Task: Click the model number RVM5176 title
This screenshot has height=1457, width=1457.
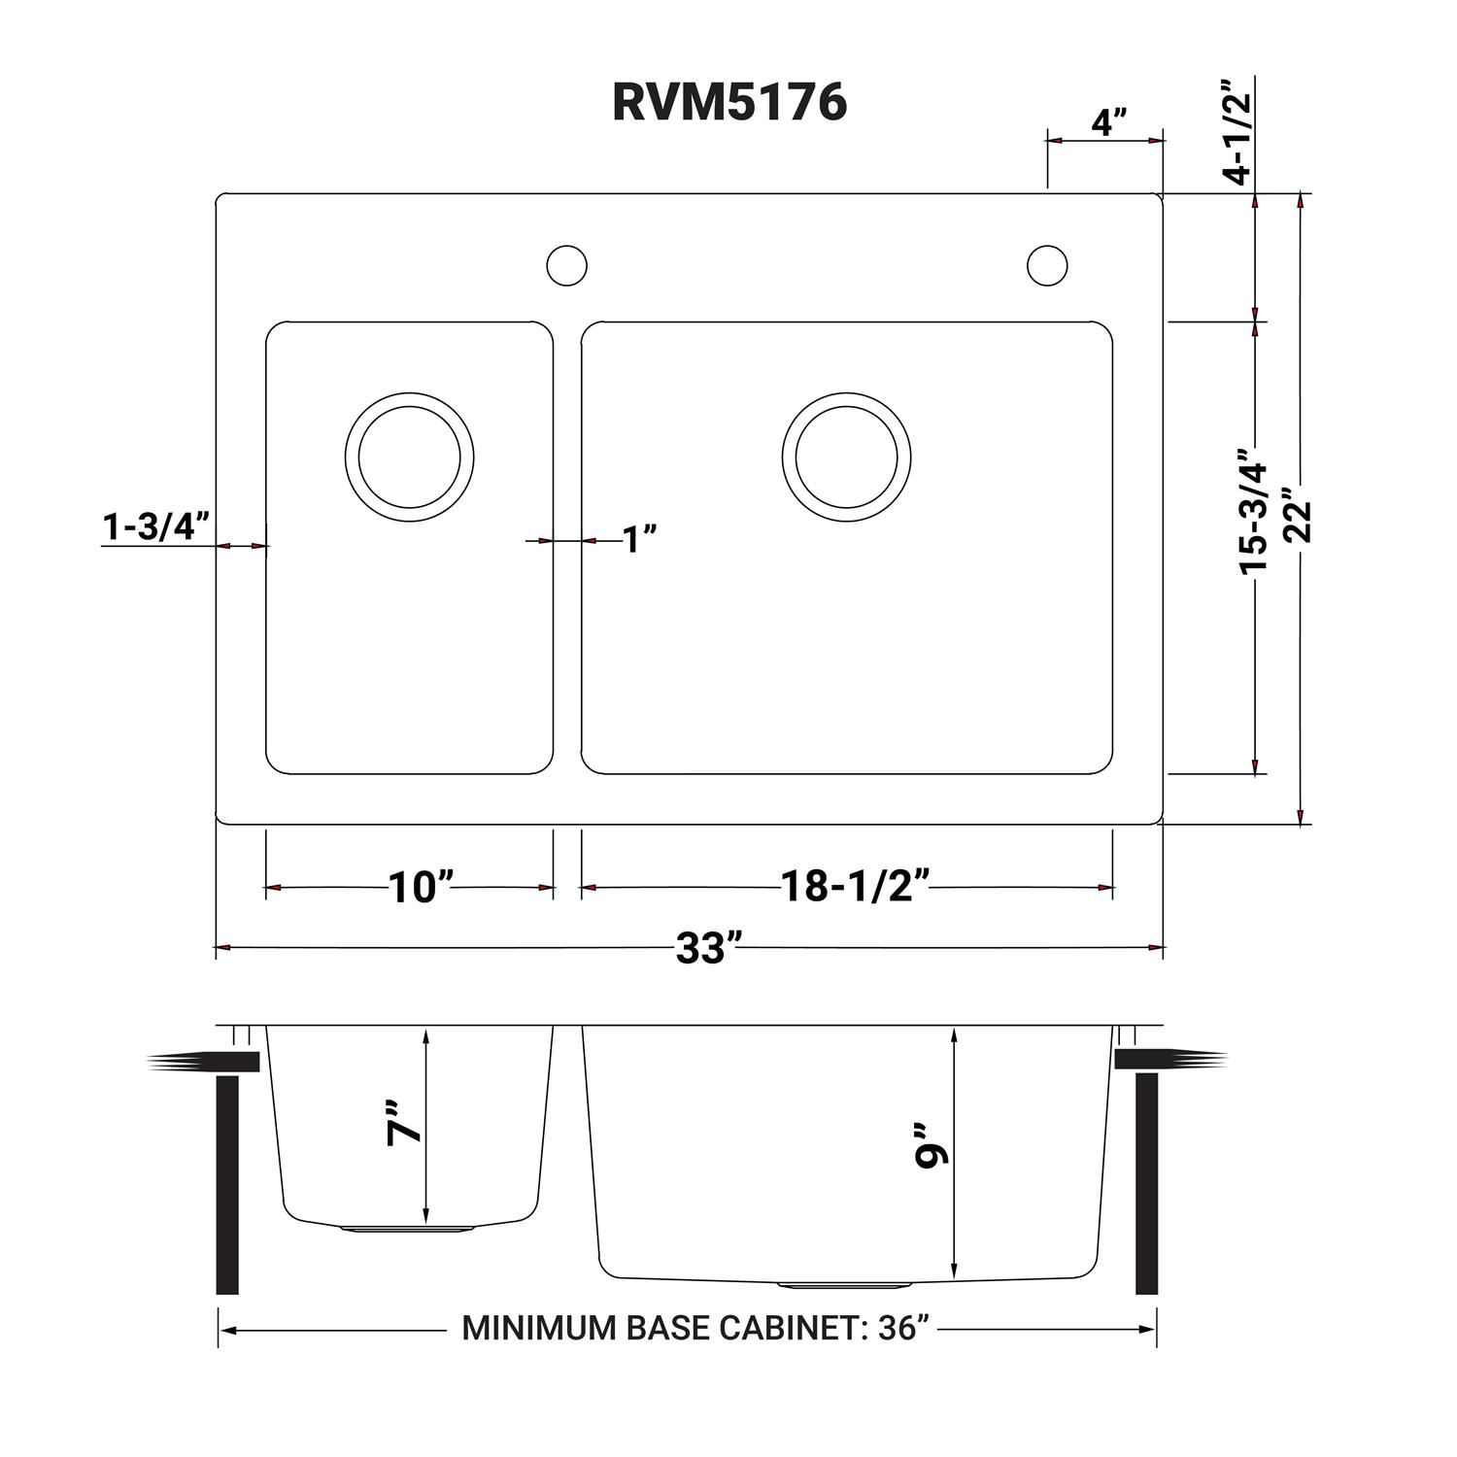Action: coord(728,101)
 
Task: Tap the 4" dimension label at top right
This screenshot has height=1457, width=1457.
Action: coord(1108,123)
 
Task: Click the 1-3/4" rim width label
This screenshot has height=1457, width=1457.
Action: coord(156,527)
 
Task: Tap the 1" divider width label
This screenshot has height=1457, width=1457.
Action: coord(640,539)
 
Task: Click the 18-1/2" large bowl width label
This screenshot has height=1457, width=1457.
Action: coord(856,886)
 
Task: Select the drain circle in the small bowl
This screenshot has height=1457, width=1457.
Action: coord(409,457)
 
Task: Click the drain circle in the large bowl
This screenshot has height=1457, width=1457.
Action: coord(846,457)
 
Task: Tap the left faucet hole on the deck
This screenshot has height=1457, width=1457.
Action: coord(567,265)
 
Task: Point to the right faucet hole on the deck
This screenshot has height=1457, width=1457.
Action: coord(1047,265)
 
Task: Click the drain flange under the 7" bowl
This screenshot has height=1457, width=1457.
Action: coord(408,1229)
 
